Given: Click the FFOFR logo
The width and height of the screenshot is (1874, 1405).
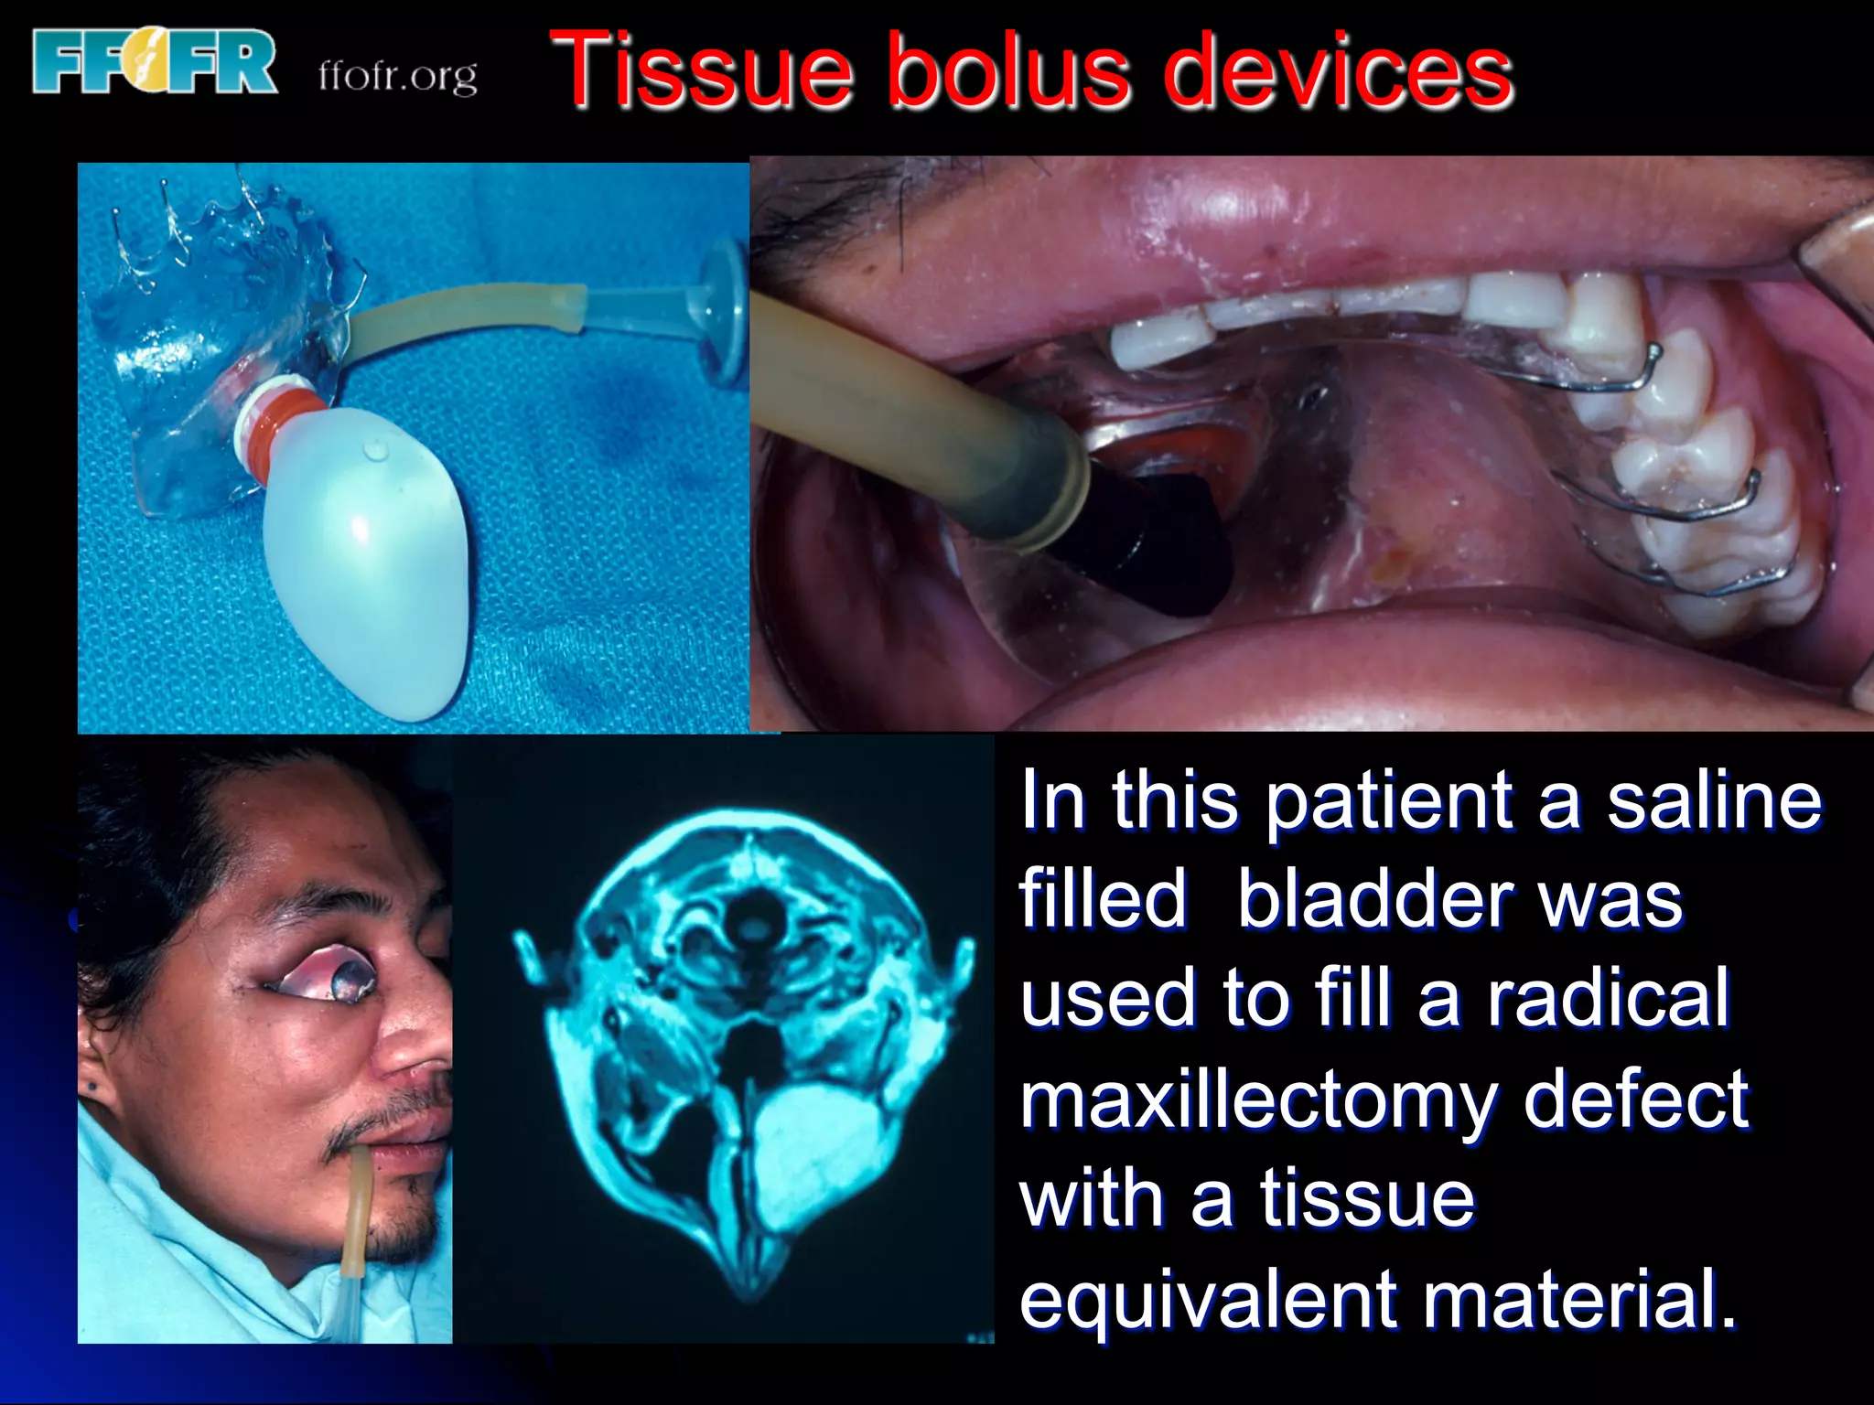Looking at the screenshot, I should (x=154, y=61).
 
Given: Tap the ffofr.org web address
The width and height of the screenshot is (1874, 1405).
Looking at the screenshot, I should (x=397, y=76).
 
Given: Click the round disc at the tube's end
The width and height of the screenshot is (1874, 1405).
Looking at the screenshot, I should (x=723, y=311).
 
